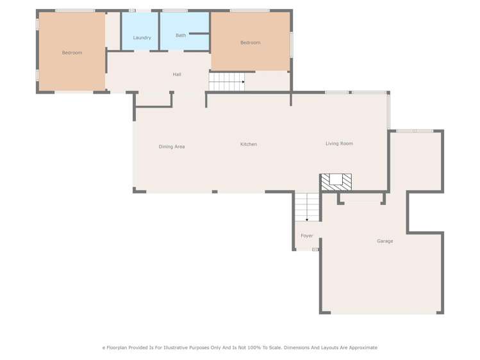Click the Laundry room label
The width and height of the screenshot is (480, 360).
[142, 38]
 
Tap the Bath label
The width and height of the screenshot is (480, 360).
[181, 35]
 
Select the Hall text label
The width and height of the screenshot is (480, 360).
[177, 74]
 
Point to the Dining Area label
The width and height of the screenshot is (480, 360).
[172, 147]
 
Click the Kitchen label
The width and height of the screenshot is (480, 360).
[249, 144]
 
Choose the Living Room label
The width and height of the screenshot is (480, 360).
[339, 143]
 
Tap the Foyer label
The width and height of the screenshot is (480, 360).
[307, 236]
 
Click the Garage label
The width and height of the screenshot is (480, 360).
[385, 241]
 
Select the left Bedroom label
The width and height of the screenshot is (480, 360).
[72, 53]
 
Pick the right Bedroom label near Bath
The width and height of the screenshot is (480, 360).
[251, 42]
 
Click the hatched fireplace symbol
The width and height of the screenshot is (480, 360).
[336, 182]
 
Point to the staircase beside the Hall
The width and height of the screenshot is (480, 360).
[227, 81]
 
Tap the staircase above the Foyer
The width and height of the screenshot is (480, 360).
[307, 207]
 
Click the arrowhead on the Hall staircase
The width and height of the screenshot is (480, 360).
[244, 82]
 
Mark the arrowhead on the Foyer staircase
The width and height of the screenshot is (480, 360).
[307, 220]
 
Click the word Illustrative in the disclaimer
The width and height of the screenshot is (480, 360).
[176, 348]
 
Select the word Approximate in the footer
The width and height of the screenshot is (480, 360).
[363, 348]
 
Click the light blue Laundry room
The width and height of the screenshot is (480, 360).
[140, 31]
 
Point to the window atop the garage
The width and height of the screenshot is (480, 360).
[415, 131]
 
